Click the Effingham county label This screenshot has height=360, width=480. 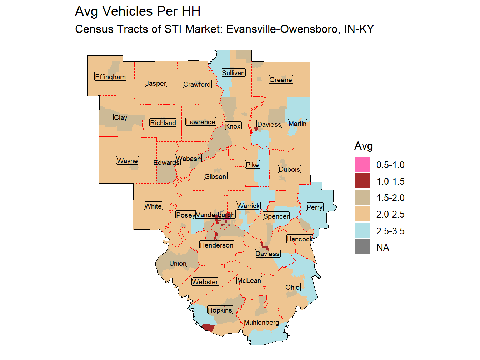[110, 77]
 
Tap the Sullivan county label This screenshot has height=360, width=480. [233, 73]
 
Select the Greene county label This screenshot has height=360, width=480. [281, 80]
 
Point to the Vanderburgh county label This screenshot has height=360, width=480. [215, 215]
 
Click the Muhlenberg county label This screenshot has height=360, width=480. [261, 322]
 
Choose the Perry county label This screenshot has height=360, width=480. [314, 207]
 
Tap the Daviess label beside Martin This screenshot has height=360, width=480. [269, 124]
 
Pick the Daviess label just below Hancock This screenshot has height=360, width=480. [267, 254]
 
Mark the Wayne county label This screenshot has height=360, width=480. [127, 161]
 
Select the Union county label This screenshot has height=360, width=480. [178, 263]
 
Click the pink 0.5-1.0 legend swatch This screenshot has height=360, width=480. [362, 165]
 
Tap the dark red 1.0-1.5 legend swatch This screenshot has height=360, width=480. [362, 181]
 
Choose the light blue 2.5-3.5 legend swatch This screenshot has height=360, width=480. [362, 231]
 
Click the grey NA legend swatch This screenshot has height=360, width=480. [362, 247]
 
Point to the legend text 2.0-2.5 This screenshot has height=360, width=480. [390, 214]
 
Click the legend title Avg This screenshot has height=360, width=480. [364, 146]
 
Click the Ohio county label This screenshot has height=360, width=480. [292, 287]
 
